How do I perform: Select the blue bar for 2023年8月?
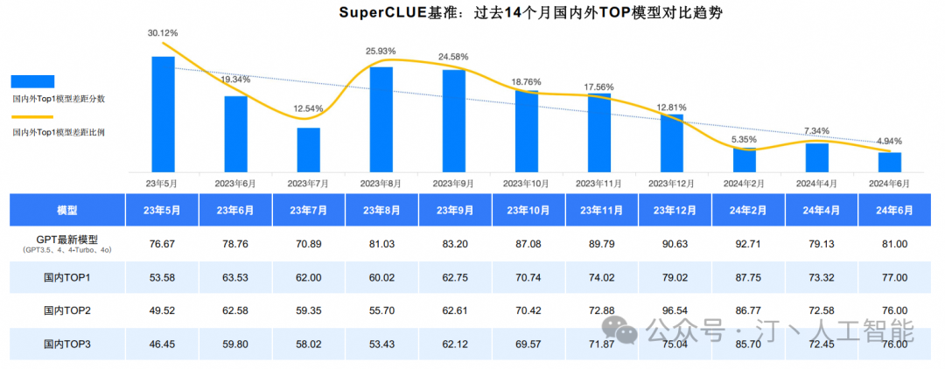(x=381, y=119)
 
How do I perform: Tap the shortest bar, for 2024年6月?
(x=889, y=162)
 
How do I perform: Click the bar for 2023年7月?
(x=308, y=150)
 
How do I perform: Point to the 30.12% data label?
(x=163, y=33)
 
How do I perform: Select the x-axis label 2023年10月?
(x=526, y=184)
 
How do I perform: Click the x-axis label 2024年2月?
(x=744, y=184)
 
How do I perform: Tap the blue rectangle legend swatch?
(x=32, y=81)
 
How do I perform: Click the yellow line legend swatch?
(x=32, y=116)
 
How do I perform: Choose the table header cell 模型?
(x=66, y=211)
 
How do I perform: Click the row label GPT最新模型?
(x=66, y=240)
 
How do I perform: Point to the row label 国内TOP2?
(x=66, y=310)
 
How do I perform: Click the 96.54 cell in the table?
(x=672, y=310)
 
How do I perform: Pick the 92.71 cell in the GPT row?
(x=745, y=244)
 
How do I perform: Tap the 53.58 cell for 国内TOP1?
(x=162, y=277)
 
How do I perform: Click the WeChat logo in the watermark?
(x=625, y=331)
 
